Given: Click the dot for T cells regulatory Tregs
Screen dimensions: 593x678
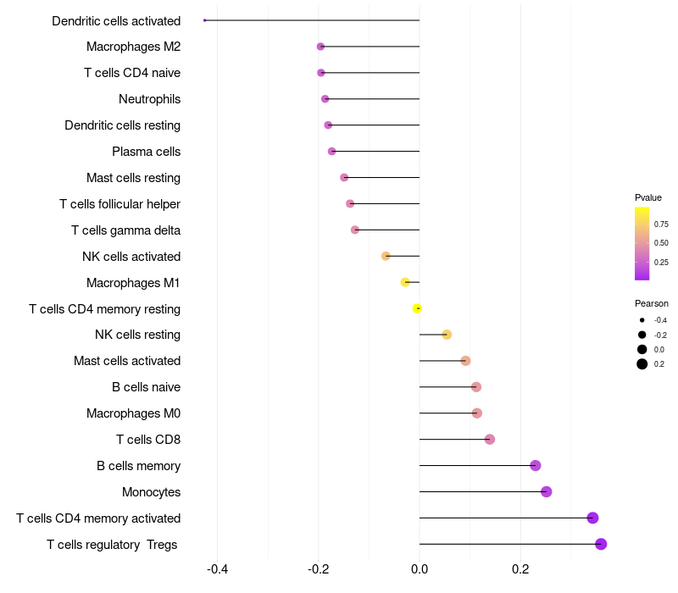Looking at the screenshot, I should tap(601, 544).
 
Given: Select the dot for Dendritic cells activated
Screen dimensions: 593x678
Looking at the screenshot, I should tap(205, 20).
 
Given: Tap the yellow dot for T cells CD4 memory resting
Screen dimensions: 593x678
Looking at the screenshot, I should tap(417, 308).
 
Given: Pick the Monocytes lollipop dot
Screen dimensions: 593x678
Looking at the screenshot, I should tap(547, 492).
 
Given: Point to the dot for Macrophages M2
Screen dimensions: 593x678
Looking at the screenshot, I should tap(320, 47).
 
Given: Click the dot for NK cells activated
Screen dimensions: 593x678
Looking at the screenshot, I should tap(386, 256).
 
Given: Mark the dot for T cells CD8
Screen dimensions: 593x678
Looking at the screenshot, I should tap(490, 439).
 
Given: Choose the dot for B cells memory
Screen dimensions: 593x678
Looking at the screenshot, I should tap(536, 466).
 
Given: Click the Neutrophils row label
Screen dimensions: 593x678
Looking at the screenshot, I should tap(149, 99).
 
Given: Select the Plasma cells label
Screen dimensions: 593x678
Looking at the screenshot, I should tap(146, 152).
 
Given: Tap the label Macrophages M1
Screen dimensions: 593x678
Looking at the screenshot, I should tap(133, 282).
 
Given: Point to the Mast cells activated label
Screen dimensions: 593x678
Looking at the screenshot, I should tap(127, 361).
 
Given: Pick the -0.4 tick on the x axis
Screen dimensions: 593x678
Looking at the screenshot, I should tap(218, 568).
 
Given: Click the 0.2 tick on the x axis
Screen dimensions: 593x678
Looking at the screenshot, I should tap(520, 568).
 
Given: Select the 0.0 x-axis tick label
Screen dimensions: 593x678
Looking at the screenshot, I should tap(420, 568).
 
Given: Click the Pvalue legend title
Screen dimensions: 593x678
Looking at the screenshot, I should tap(648, 197).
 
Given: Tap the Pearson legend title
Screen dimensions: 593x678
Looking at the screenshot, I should tap(651, 303).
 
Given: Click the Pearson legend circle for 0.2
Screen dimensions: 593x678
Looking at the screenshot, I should tap(642, 364).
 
